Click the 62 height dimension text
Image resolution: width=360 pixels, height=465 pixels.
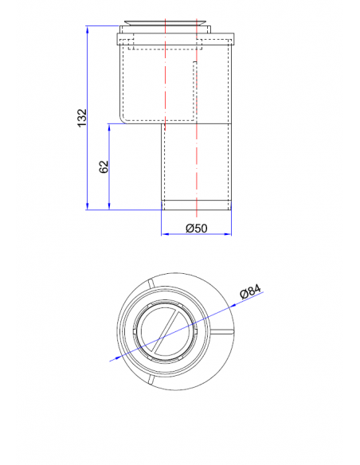click(103, 167)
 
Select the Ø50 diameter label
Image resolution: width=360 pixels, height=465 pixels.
click(196, 229)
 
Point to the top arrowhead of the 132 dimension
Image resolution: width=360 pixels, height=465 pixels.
click(87, 29)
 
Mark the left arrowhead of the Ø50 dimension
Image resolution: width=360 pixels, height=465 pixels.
click(165, 234)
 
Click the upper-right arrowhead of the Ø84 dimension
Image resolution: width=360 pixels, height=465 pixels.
click(238, 303)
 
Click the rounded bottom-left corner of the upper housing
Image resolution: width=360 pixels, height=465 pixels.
click(123, 119)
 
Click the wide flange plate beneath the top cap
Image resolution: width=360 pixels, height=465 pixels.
click(175, 37)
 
